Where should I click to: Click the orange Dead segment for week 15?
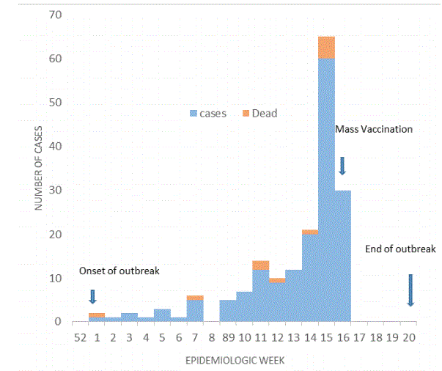[x=326, y=48]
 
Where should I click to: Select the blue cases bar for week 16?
[x=343, y=256]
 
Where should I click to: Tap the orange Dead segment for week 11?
[x=261, y=265]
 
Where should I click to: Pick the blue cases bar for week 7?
[x=195, y=311]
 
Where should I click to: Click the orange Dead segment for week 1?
[x=97, y=315]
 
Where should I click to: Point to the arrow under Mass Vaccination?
[x=342, y=166]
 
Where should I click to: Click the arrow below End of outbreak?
[x=410, y=290]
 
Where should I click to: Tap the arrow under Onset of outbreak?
[x=93, y=297]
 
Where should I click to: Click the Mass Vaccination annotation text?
[x=374, y=129]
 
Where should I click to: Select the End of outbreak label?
[x=400, y=249]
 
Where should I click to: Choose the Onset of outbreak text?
[x=119, y=271]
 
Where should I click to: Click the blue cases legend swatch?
[x=194, y=114]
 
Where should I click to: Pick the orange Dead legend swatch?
[x=246, y=114]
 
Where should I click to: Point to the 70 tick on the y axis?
[x=55, y=15]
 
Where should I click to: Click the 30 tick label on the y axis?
[x=55, y=190]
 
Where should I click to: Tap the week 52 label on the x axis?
[x=81, y=337]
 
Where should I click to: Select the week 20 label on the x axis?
[x=409, y=337]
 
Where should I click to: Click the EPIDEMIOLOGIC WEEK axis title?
[x=235, y=360]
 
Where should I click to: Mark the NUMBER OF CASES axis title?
[x=38, y=168]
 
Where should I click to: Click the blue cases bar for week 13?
[x=294, y=295]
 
